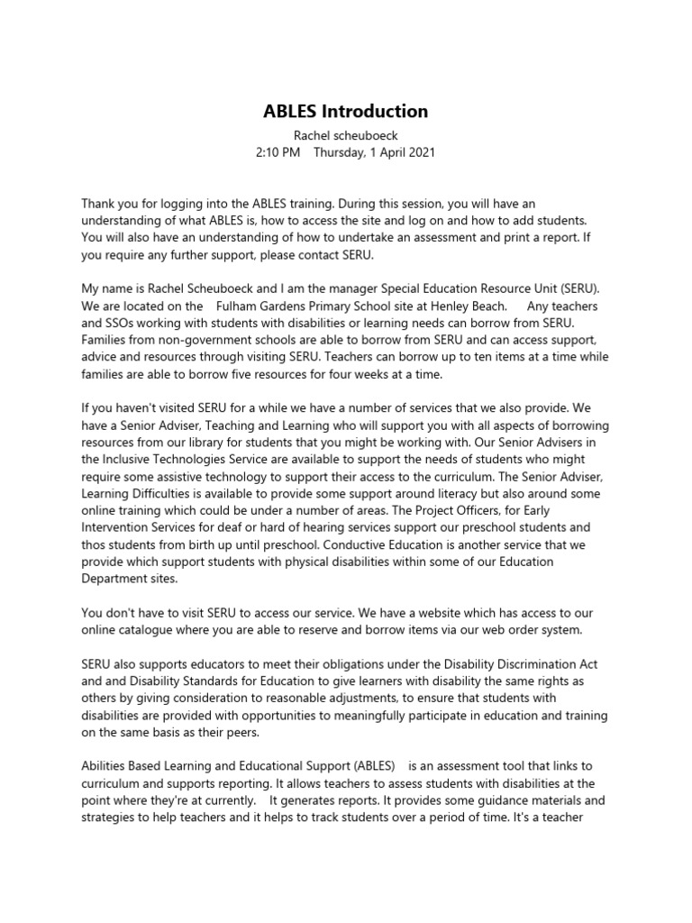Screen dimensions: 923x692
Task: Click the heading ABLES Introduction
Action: pos(345,112)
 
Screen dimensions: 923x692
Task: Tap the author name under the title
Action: pos(345,135)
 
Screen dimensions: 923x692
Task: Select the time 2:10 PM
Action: pos(278,153)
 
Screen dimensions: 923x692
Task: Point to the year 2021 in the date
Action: pos(420,153)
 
